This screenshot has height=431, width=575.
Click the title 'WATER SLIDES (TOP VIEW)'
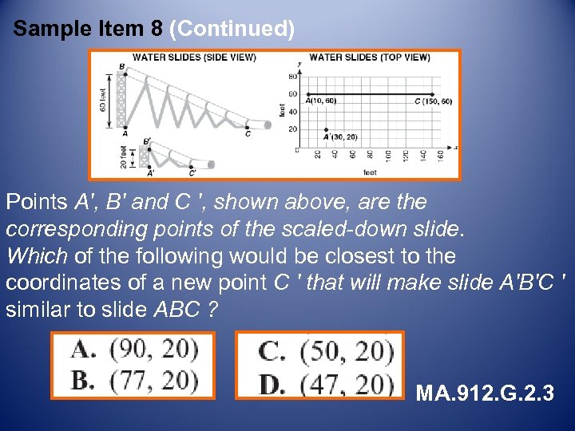tap(369, 57)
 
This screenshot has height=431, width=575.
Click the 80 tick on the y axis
tap(293, 77)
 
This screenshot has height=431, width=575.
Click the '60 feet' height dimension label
tap(104, 98)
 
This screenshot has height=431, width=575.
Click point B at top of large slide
tap(121, 66)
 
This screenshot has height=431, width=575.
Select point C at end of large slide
tap(248, 132)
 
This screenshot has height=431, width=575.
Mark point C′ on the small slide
tap(192, 172)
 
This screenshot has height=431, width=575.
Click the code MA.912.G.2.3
tap(485, 393)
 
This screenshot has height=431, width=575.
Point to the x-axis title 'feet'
tap(370, 172)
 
